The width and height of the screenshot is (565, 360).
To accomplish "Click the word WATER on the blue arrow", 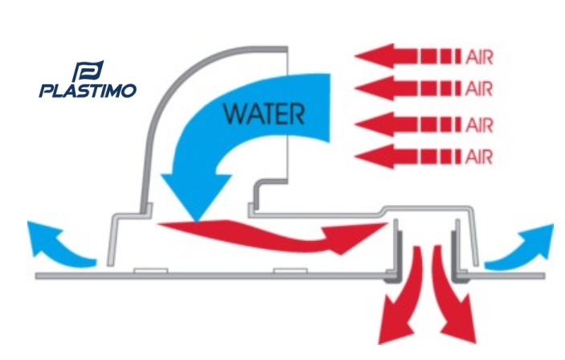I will [x=264, y=113].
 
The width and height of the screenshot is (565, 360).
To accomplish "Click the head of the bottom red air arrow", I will [x=371, y=153].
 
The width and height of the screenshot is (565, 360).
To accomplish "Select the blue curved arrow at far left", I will [x=52, y=243].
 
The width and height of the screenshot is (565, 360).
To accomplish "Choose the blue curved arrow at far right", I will [x=518, y=244].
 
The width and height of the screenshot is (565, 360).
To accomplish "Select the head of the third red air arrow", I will [x=371, y=125].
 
